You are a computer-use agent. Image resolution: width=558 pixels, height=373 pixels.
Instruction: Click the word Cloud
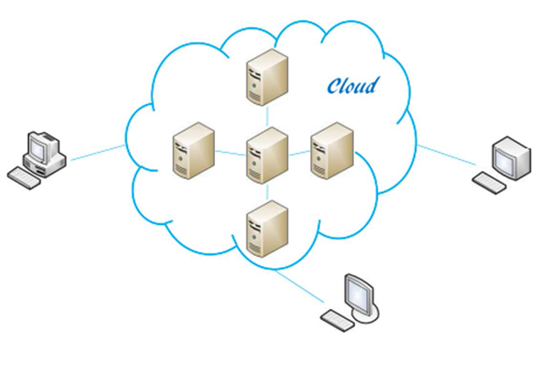(353, 85)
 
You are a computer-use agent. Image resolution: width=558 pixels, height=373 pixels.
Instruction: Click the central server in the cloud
(267, 154)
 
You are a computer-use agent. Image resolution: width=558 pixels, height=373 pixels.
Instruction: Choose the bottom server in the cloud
(267, 227)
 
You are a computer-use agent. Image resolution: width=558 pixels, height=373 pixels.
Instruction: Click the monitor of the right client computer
(513, 158)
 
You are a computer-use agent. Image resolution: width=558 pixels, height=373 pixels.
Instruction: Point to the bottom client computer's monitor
(364, 293)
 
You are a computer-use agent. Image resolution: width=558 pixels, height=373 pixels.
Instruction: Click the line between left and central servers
(230, 153)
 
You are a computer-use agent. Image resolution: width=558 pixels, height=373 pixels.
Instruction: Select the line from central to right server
(298, 153)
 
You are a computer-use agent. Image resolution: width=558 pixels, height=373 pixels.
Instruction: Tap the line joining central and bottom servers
(267, 191)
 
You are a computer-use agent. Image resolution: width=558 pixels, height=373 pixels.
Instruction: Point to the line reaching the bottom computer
(301, 286)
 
